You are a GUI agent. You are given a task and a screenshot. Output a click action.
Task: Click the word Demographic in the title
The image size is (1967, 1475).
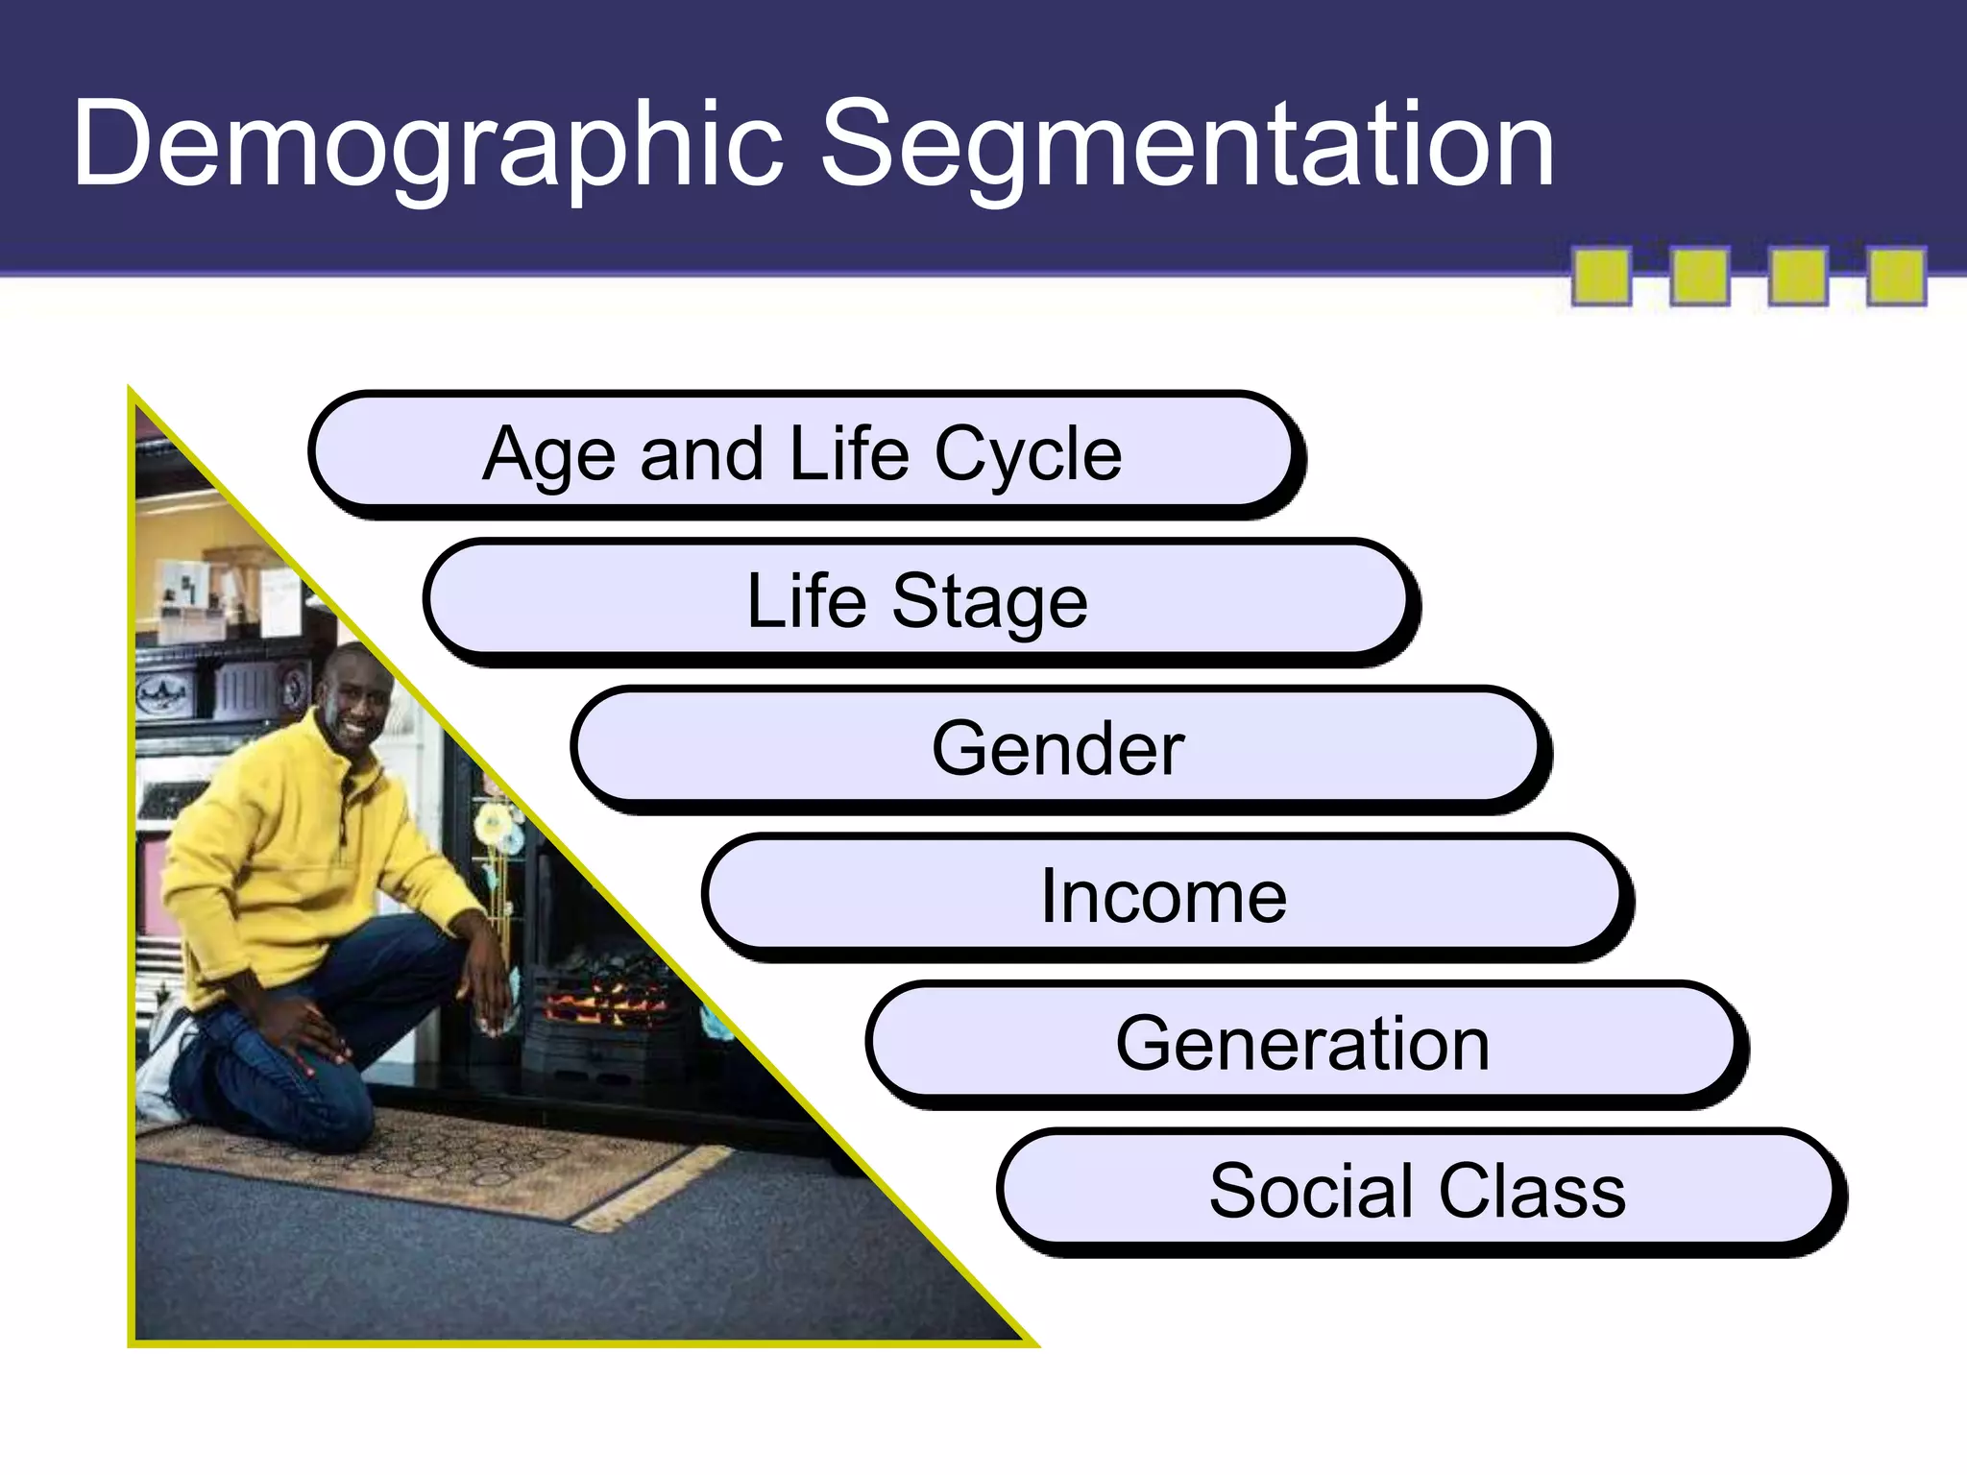click(427, 144)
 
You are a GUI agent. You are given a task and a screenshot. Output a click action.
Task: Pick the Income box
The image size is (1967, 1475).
click(1163, 895)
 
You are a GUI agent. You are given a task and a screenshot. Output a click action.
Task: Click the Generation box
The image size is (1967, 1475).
click(1302, 1043)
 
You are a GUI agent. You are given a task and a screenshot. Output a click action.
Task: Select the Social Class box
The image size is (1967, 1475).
click(1418, 1191)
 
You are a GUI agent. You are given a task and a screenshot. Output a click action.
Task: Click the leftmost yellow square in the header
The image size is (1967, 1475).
click(1601, 277)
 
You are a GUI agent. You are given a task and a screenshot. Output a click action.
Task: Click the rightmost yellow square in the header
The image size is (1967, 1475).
click(1896, 277)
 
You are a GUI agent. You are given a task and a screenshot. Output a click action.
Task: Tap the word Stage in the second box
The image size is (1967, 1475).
click(989, 601)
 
